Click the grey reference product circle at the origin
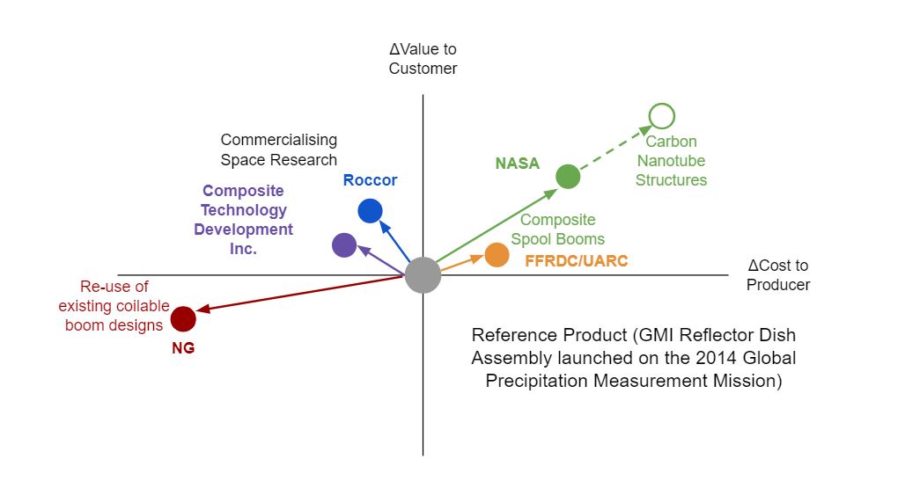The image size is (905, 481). pos(423,275)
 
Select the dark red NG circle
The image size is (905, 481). pos(183,318)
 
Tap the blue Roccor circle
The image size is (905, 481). pos(370,211)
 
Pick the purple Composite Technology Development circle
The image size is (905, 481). pos(344,245)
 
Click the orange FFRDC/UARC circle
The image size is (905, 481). pos(497,255)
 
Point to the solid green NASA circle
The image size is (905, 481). pos(568,177)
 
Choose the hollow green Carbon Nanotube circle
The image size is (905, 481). pos(661,115)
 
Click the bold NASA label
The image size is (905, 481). pos(517,164)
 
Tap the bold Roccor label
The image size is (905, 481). pos(370,181)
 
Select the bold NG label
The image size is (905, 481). pos(183,347)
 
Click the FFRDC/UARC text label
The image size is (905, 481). pos(576,261)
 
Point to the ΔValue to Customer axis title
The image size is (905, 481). pos(423,59)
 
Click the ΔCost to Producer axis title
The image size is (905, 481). pos(778,275)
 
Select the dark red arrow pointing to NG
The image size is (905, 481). pos(299,295)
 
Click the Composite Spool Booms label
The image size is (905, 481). pos(557,230)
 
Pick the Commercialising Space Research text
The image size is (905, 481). pos(278,149)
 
